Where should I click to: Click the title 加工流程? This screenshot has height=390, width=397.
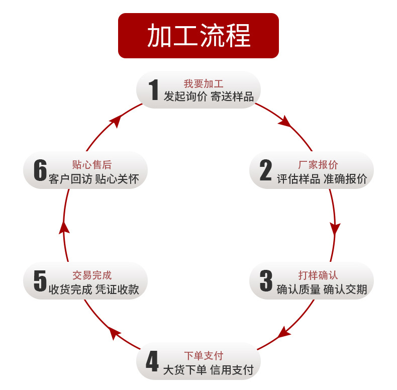(198, 36)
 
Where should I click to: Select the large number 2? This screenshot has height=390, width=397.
(265, 171)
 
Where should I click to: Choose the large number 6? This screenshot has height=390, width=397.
(40, 171)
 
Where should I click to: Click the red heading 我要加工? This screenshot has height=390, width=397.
(203, 84)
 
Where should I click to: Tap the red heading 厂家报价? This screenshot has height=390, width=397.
(318, 165)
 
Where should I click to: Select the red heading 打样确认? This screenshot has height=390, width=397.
(318, 275)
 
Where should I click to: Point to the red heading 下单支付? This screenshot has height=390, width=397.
(204, 356)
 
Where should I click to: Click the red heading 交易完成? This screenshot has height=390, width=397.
(92, 275)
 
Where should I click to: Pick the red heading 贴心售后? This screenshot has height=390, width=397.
(92, 165)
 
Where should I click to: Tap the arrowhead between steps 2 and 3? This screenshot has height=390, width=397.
(335, 229)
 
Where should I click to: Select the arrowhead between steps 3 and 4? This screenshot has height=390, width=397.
(284, 332)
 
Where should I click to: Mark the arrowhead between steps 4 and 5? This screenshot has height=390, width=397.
(115, 332)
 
